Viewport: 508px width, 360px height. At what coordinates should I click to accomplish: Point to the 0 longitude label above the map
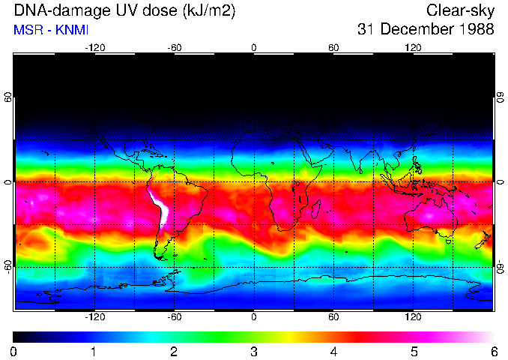tap(254, 47)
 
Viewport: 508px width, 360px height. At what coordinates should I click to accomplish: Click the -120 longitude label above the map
tap(94, 47)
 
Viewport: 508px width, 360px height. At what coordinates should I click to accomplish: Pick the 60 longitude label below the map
tap(333, 317)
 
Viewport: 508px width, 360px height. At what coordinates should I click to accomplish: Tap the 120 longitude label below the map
tap(413, 317)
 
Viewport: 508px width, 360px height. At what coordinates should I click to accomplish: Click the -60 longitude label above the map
tap(174, 47)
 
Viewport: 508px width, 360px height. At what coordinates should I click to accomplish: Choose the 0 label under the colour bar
tap(13, 352)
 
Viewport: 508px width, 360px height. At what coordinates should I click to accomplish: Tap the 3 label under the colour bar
tap(253, 352)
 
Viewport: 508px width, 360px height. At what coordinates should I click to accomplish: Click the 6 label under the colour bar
tap(494, 352)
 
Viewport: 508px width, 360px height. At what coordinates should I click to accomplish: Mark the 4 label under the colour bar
tap(333, 352)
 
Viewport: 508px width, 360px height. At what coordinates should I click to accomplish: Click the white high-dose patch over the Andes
tap(160, 210)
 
